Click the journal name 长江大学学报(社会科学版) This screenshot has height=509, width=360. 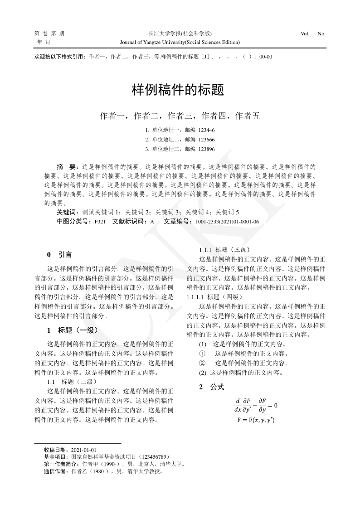pos(180,34)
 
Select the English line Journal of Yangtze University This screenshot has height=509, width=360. pos(180,42)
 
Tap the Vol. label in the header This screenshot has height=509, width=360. pos(305,34)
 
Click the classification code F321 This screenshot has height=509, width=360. pos(100,222)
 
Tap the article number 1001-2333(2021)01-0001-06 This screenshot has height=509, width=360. pos(227,222)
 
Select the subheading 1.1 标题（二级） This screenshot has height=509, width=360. pos(70,382)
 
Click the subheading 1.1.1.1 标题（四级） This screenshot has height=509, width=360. pos(215,297)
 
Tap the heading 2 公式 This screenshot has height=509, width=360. pos(211,387)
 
